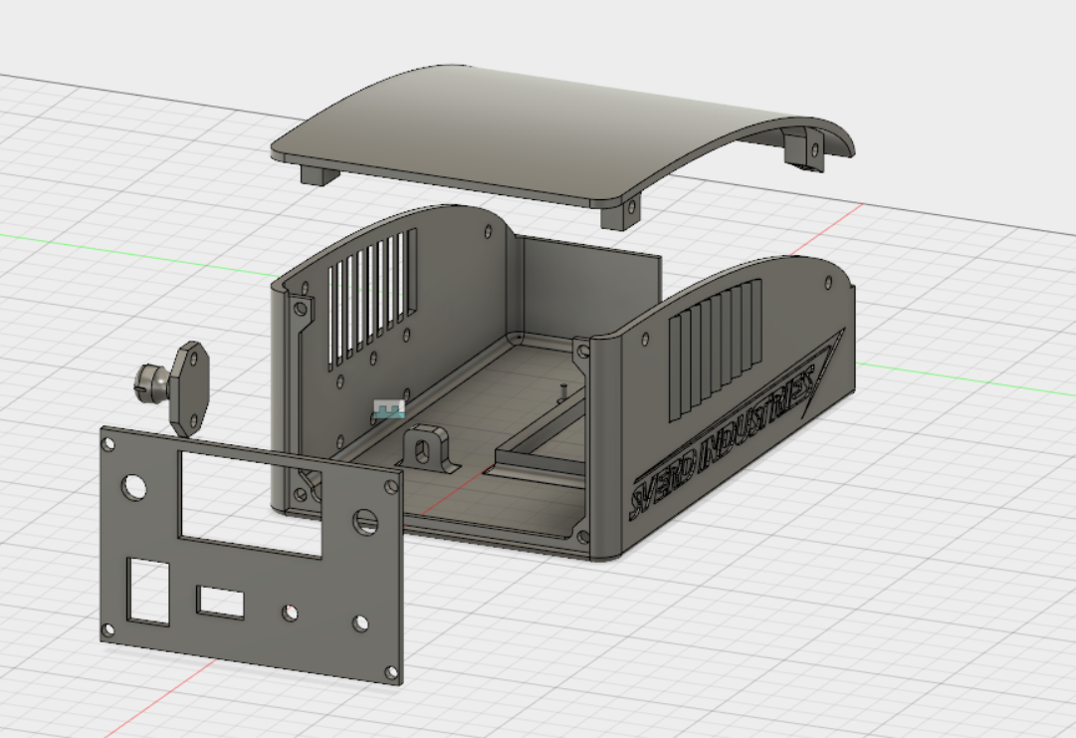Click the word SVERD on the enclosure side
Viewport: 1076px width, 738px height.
pyautogui.click(x=663, y=488)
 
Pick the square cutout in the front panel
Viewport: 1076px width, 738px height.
pyautogui.click(x=149, y=591)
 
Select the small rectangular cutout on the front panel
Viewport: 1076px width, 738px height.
pyautogui.click(x=221, y=602)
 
